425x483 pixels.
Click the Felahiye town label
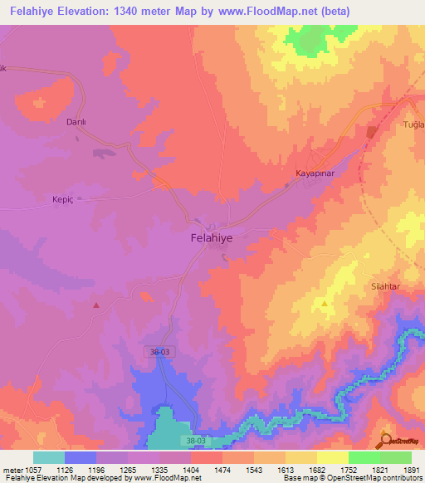point(207,237)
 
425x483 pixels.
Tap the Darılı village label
point(77,121)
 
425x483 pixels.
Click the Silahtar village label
point(385,285)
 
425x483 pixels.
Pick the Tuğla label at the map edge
point(413,124)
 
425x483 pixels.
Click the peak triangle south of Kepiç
point(96,305)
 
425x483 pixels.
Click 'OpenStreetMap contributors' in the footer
point(369,478)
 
